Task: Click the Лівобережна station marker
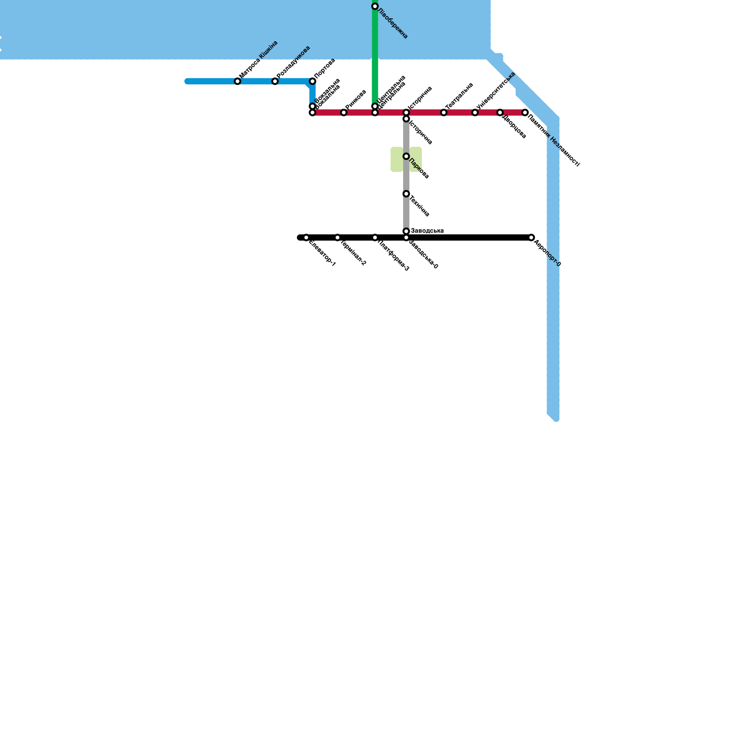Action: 375,7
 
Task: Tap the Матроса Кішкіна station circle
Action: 238,82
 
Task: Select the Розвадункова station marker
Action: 275,82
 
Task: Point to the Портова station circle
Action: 313,82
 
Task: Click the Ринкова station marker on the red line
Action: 344,112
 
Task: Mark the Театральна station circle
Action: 444,112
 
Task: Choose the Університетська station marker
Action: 475,112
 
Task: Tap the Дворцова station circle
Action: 500,112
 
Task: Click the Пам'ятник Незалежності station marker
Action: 525,112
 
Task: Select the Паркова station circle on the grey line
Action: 406,156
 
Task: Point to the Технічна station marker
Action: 406,194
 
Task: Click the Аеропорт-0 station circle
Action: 531,238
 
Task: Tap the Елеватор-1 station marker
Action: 306,238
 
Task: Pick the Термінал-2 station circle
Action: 337,238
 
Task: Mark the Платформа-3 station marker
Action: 375,238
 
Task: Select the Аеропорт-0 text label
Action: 547,254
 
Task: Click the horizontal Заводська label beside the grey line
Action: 427,231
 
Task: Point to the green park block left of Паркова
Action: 397,159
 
